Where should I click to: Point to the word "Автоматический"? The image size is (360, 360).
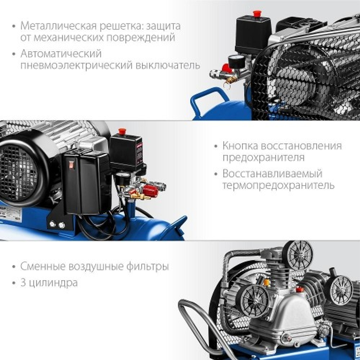pyautogui.click(x=61, y=54)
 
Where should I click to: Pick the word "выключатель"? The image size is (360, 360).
pyautogui.click(x=169, y=65)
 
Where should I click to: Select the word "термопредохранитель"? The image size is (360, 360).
pyautogui.click(x=278, y=185)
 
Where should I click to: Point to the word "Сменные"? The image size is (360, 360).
pyautogui.click(x=42, y=267)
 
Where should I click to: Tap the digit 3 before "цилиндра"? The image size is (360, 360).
pyautogui.click(x=23, y=283)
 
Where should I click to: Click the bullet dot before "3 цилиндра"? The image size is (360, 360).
pyautogui.click(x=14, y=283)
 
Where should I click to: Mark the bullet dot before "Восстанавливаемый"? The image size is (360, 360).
pyautogui.click(x=216, y=174)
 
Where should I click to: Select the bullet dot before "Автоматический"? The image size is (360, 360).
pyautogui.click(x=14, y=54)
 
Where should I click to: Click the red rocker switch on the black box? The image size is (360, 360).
pyautogui.click(x=71, y=165)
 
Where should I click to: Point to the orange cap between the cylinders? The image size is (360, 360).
pyautogui.click(x=267, y=282)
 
